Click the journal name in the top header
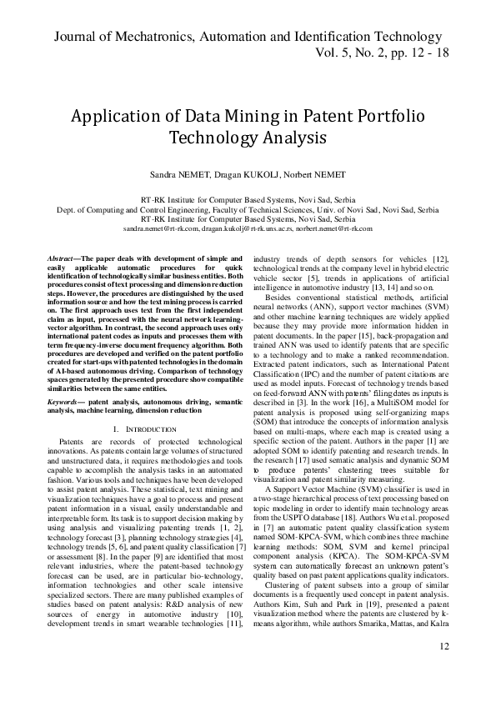(248, 37)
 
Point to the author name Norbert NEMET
(314, 176)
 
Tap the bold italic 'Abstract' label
(60, 259)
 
